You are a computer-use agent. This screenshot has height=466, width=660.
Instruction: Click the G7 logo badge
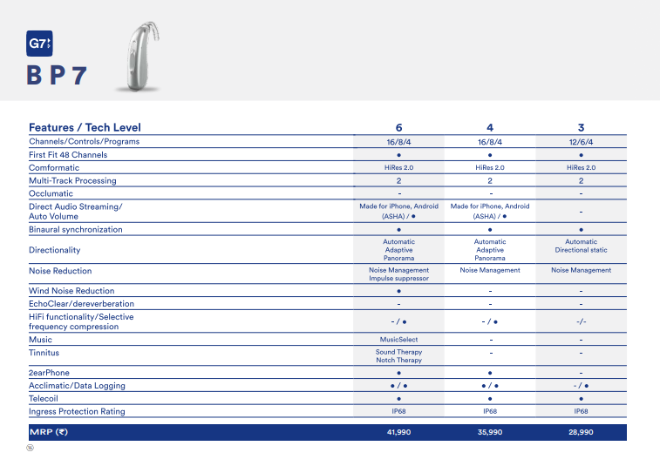(x=39, y=44)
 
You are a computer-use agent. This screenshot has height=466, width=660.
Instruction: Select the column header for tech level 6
(x=398, y=127)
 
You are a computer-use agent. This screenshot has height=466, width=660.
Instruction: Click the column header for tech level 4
(x=490, y=127)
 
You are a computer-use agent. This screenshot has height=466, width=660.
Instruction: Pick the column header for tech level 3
(x=581, y=127)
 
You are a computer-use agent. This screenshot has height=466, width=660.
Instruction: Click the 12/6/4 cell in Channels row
(x=581, y=142)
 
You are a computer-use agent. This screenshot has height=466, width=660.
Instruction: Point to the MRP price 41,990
(x=398, y=432)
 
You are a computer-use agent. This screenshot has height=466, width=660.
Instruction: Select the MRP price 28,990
(x=581, y=432)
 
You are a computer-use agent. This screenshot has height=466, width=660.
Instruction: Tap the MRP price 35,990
(x=490, y=432)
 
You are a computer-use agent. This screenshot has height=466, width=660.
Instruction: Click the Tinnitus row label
(x=46, y=353)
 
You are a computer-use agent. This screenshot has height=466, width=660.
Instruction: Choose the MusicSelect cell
(x=398, y=340)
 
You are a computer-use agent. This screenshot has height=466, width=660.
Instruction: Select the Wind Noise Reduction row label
(x=71, y=291)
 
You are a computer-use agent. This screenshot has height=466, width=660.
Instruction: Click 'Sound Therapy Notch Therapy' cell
(x=398, y=356)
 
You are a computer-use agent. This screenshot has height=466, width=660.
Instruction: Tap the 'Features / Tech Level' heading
(x=85, y=127)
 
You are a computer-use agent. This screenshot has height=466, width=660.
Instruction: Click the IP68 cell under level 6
(x=398, y=411)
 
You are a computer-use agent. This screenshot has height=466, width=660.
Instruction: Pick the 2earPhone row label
(x=50, y=372)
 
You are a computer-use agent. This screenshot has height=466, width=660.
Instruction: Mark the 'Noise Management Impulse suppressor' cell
(x=398, y=274)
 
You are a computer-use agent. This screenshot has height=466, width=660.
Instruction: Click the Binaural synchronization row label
(x=75, y=230)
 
